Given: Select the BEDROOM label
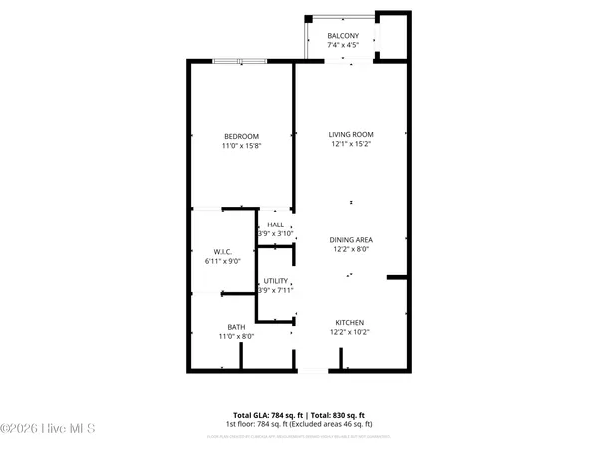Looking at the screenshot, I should coord(241,136).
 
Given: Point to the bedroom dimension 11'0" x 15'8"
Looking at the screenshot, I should coord(241,147).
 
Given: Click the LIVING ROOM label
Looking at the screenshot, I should coord(351,134).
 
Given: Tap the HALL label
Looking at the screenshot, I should coord(275,225).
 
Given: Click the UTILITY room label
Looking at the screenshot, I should coord(275,282).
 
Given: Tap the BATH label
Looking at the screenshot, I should coord(236,326).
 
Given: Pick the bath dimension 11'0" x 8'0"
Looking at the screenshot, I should coord(236,337).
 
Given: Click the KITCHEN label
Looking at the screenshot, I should coord(349,322).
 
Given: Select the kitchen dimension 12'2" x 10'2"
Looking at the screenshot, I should coord(349,333).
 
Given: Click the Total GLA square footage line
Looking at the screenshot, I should coord(298,414).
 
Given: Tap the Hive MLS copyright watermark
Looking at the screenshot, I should coord(48,429).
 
